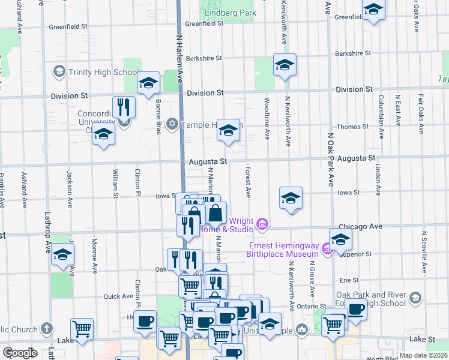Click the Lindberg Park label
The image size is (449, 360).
231,13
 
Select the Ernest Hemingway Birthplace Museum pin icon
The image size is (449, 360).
327,249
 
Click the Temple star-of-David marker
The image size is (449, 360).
172,124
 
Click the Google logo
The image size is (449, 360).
20,353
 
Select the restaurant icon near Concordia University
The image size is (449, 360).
124,107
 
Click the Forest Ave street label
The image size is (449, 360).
247,182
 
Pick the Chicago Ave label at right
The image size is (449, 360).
360,226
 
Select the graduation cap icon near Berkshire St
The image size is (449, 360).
285,65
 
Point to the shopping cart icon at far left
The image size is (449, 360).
82,329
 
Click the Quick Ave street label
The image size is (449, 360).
118,296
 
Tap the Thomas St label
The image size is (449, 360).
352,127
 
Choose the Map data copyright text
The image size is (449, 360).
423,355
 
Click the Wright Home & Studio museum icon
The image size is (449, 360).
262,225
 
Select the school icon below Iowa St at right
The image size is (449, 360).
291,198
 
